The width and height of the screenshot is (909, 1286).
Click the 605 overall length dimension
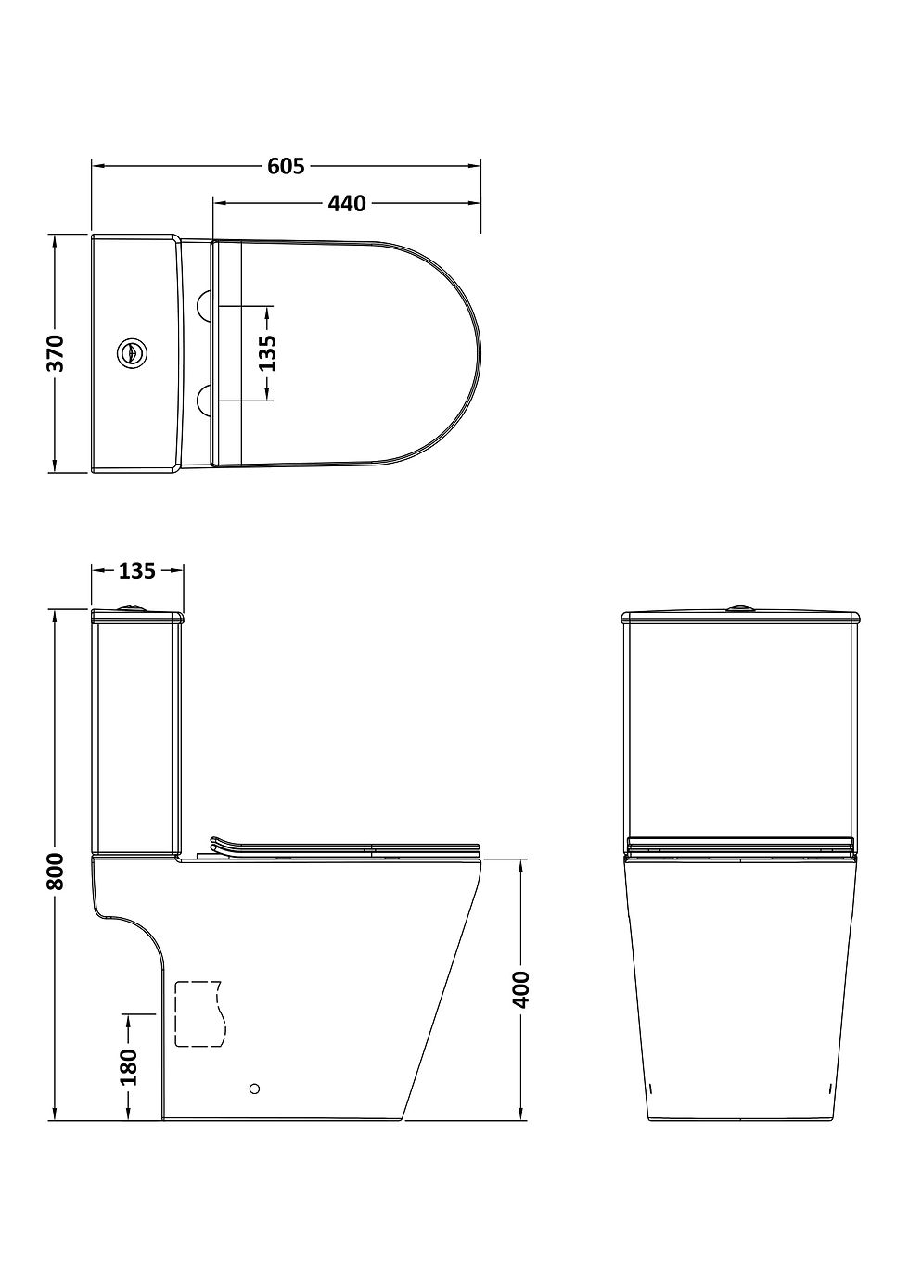click(286, 166)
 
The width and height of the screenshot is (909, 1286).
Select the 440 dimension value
click(347, 203)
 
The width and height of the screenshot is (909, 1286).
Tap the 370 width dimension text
click(57, 353)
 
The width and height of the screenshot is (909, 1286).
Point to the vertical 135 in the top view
click(268, 353)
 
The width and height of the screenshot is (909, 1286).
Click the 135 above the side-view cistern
click(136, 571)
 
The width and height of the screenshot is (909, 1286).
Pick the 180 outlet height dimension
click(128, 1066)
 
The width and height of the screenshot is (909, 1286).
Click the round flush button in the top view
click(132, 353)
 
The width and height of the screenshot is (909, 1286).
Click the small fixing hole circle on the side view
click(256, 1088)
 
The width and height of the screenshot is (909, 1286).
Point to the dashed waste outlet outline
click(199, 1012)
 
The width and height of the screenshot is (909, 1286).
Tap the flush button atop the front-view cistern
click(739, 609)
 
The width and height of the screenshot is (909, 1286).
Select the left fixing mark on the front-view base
click(651, 1087)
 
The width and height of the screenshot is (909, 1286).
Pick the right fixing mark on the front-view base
click(828, 1087)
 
